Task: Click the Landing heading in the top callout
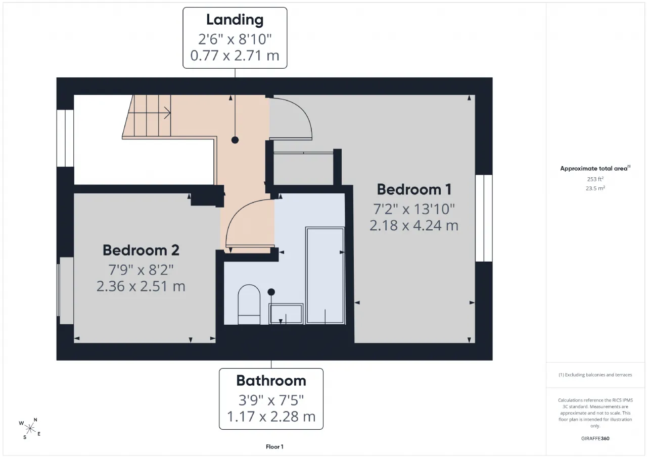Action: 235,20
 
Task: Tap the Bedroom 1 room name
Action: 414,189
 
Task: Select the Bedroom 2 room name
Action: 141,250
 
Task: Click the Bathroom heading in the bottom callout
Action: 271,381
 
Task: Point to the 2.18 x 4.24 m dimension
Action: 414,225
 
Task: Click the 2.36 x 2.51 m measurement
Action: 141,286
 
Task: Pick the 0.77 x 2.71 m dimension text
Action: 235,56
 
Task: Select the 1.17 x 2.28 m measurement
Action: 271,417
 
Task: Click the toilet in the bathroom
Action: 249,304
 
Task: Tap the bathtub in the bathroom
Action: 325,276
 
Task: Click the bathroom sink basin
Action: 286,314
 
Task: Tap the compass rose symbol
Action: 30,428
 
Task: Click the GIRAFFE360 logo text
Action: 595,438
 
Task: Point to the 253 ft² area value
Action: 595,179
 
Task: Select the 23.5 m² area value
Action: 595,188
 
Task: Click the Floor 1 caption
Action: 274,446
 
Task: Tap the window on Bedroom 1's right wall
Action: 484,218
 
